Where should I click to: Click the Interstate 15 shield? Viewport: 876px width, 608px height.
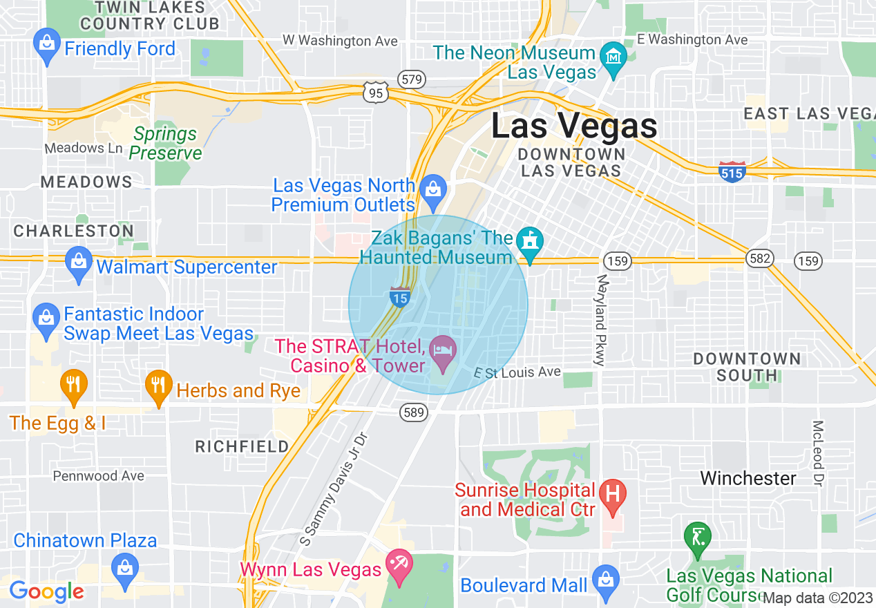[400, 296]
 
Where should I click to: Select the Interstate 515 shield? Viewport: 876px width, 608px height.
[732, 171]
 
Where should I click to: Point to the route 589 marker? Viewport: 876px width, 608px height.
[412, 412]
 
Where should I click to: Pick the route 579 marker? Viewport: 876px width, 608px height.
[411, 79]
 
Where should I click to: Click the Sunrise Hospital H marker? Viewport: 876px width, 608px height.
[611, 495]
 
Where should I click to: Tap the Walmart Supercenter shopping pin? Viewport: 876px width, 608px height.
[79, 263]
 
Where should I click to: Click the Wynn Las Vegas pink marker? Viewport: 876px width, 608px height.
[399, 565]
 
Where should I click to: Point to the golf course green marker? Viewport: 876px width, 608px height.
[697, 536]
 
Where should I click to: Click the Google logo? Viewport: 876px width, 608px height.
[46, 591]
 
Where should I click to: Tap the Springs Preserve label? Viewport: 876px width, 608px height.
[166, 143]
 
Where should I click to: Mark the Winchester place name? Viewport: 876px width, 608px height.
[748, 478]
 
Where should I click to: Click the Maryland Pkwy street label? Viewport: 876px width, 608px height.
[600, 320]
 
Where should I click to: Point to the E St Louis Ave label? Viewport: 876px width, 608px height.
[517, 372]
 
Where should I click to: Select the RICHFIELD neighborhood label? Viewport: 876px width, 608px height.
[242, 446]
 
